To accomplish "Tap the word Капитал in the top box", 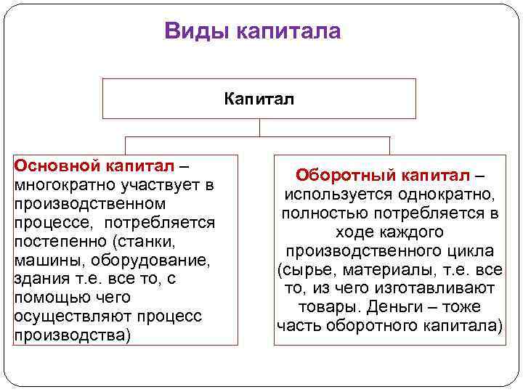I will coord(259,99).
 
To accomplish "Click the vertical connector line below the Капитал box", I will coord(259,128).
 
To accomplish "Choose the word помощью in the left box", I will coord(46,298).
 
